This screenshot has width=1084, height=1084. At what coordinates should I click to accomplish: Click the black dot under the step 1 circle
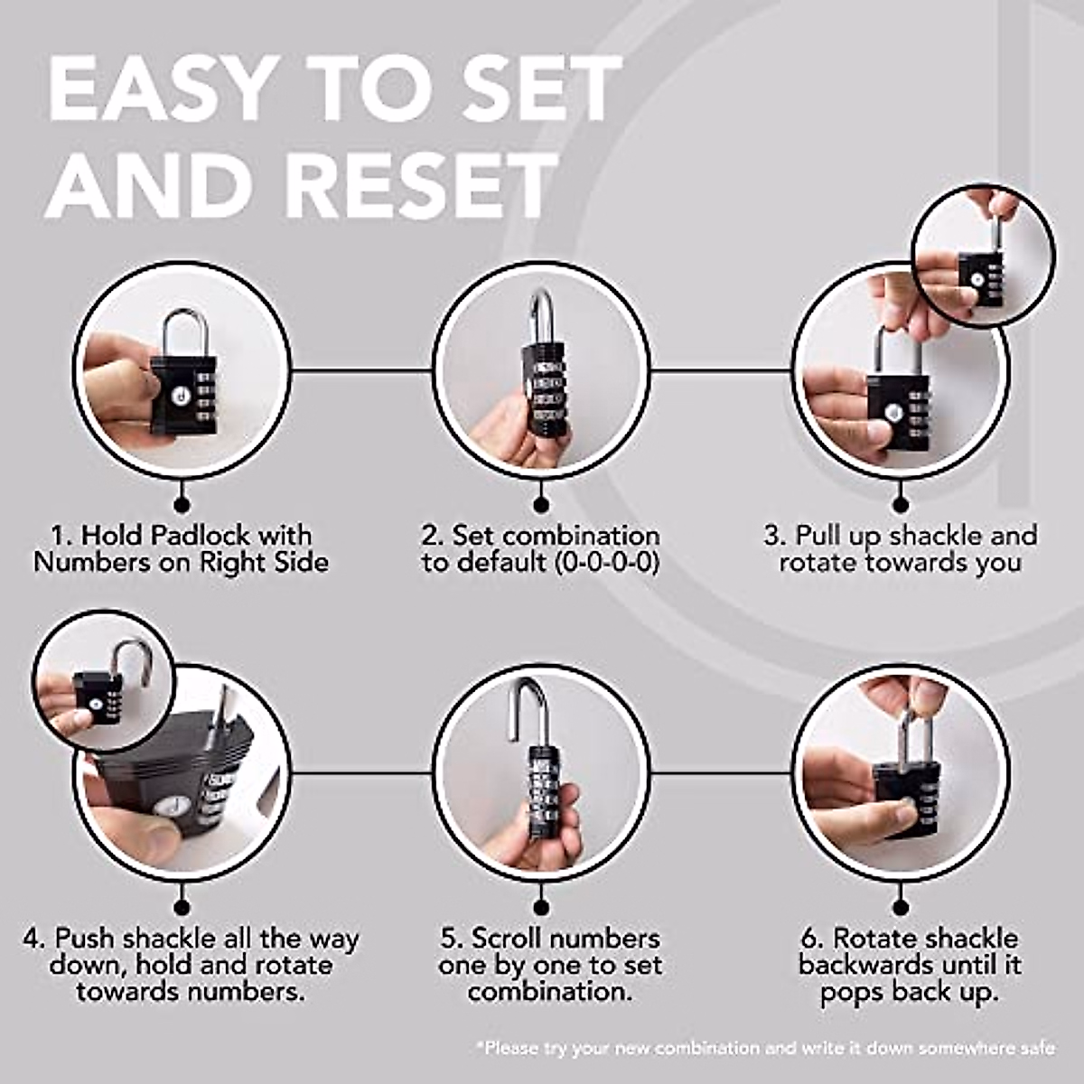point(182,505)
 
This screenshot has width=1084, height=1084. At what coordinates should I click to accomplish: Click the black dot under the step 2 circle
point(541,505)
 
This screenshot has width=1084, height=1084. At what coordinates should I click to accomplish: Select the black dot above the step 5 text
point(541,907)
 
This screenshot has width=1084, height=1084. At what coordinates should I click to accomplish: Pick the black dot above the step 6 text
point(902,907)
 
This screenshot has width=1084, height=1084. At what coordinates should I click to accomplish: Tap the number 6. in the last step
point(812,939)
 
